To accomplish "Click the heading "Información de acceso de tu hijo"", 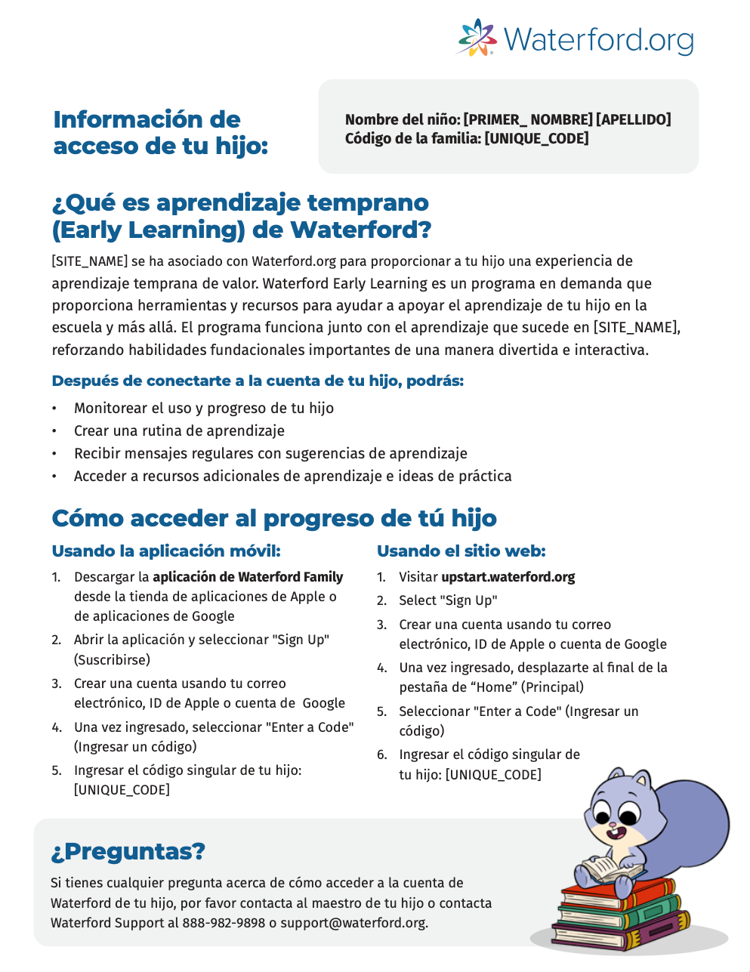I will (160, 132).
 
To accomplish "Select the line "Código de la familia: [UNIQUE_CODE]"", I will (467, 138).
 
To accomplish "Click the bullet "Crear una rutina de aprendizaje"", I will (179, 430).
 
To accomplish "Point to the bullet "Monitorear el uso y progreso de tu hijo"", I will (203, 408).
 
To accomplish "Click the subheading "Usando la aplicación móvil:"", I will (165, 551).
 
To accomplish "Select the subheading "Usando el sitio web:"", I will (461, 551).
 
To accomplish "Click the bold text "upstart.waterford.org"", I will (508, 577).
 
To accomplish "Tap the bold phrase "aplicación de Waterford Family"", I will (248, 577).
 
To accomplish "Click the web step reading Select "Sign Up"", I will (448, 600).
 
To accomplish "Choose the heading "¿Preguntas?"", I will (128, 851).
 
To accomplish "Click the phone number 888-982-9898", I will (224, 923).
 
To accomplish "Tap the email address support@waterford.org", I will (353, 923).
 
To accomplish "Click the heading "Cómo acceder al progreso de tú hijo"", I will (273, 518).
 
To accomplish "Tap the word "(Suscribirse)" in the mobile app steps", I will (112, 659).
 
